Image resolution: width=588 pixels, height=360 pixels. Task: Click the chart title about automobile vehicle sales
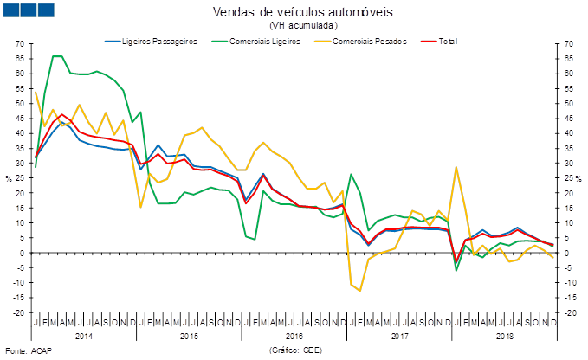point(302,11)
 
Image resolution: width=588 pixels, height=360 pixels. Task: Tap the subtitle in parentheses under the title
point(302,25)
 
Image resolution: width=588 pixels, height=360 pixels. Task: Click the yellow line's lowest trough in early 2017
point(359,291)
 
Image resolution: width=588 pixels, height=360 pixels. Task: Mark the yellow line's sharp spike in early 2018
point(456,167)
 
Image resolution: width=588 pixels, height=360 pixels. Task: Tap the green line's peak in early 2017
point(351,175)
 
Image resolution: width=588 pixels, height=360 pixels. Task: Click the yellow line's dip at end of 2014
point(141,207)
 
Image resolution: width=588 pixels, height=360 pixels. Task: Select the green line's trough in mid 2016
point(255,239)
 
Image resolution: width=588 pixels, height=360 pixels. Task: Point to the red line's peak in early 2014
point(61,113)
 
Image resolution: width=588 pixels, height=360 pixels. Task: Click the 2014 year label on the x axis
point(85,334)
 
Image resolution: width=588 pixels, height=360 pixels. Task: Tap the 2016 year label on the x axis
point(294,334)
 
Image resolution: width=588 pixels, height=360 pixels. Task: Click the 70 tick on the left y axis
point(19,43)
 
